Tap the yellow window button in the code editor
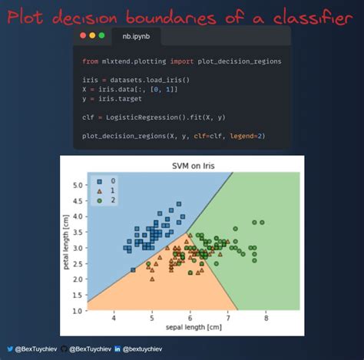(x=92, y=35)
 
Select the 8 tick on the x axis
(x=266, y=318)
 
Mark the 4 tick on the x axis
(x=114, y=318)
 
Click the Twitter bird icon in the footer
(x=10, y=349)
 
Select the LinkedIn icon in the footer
(x=117, y=349)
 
